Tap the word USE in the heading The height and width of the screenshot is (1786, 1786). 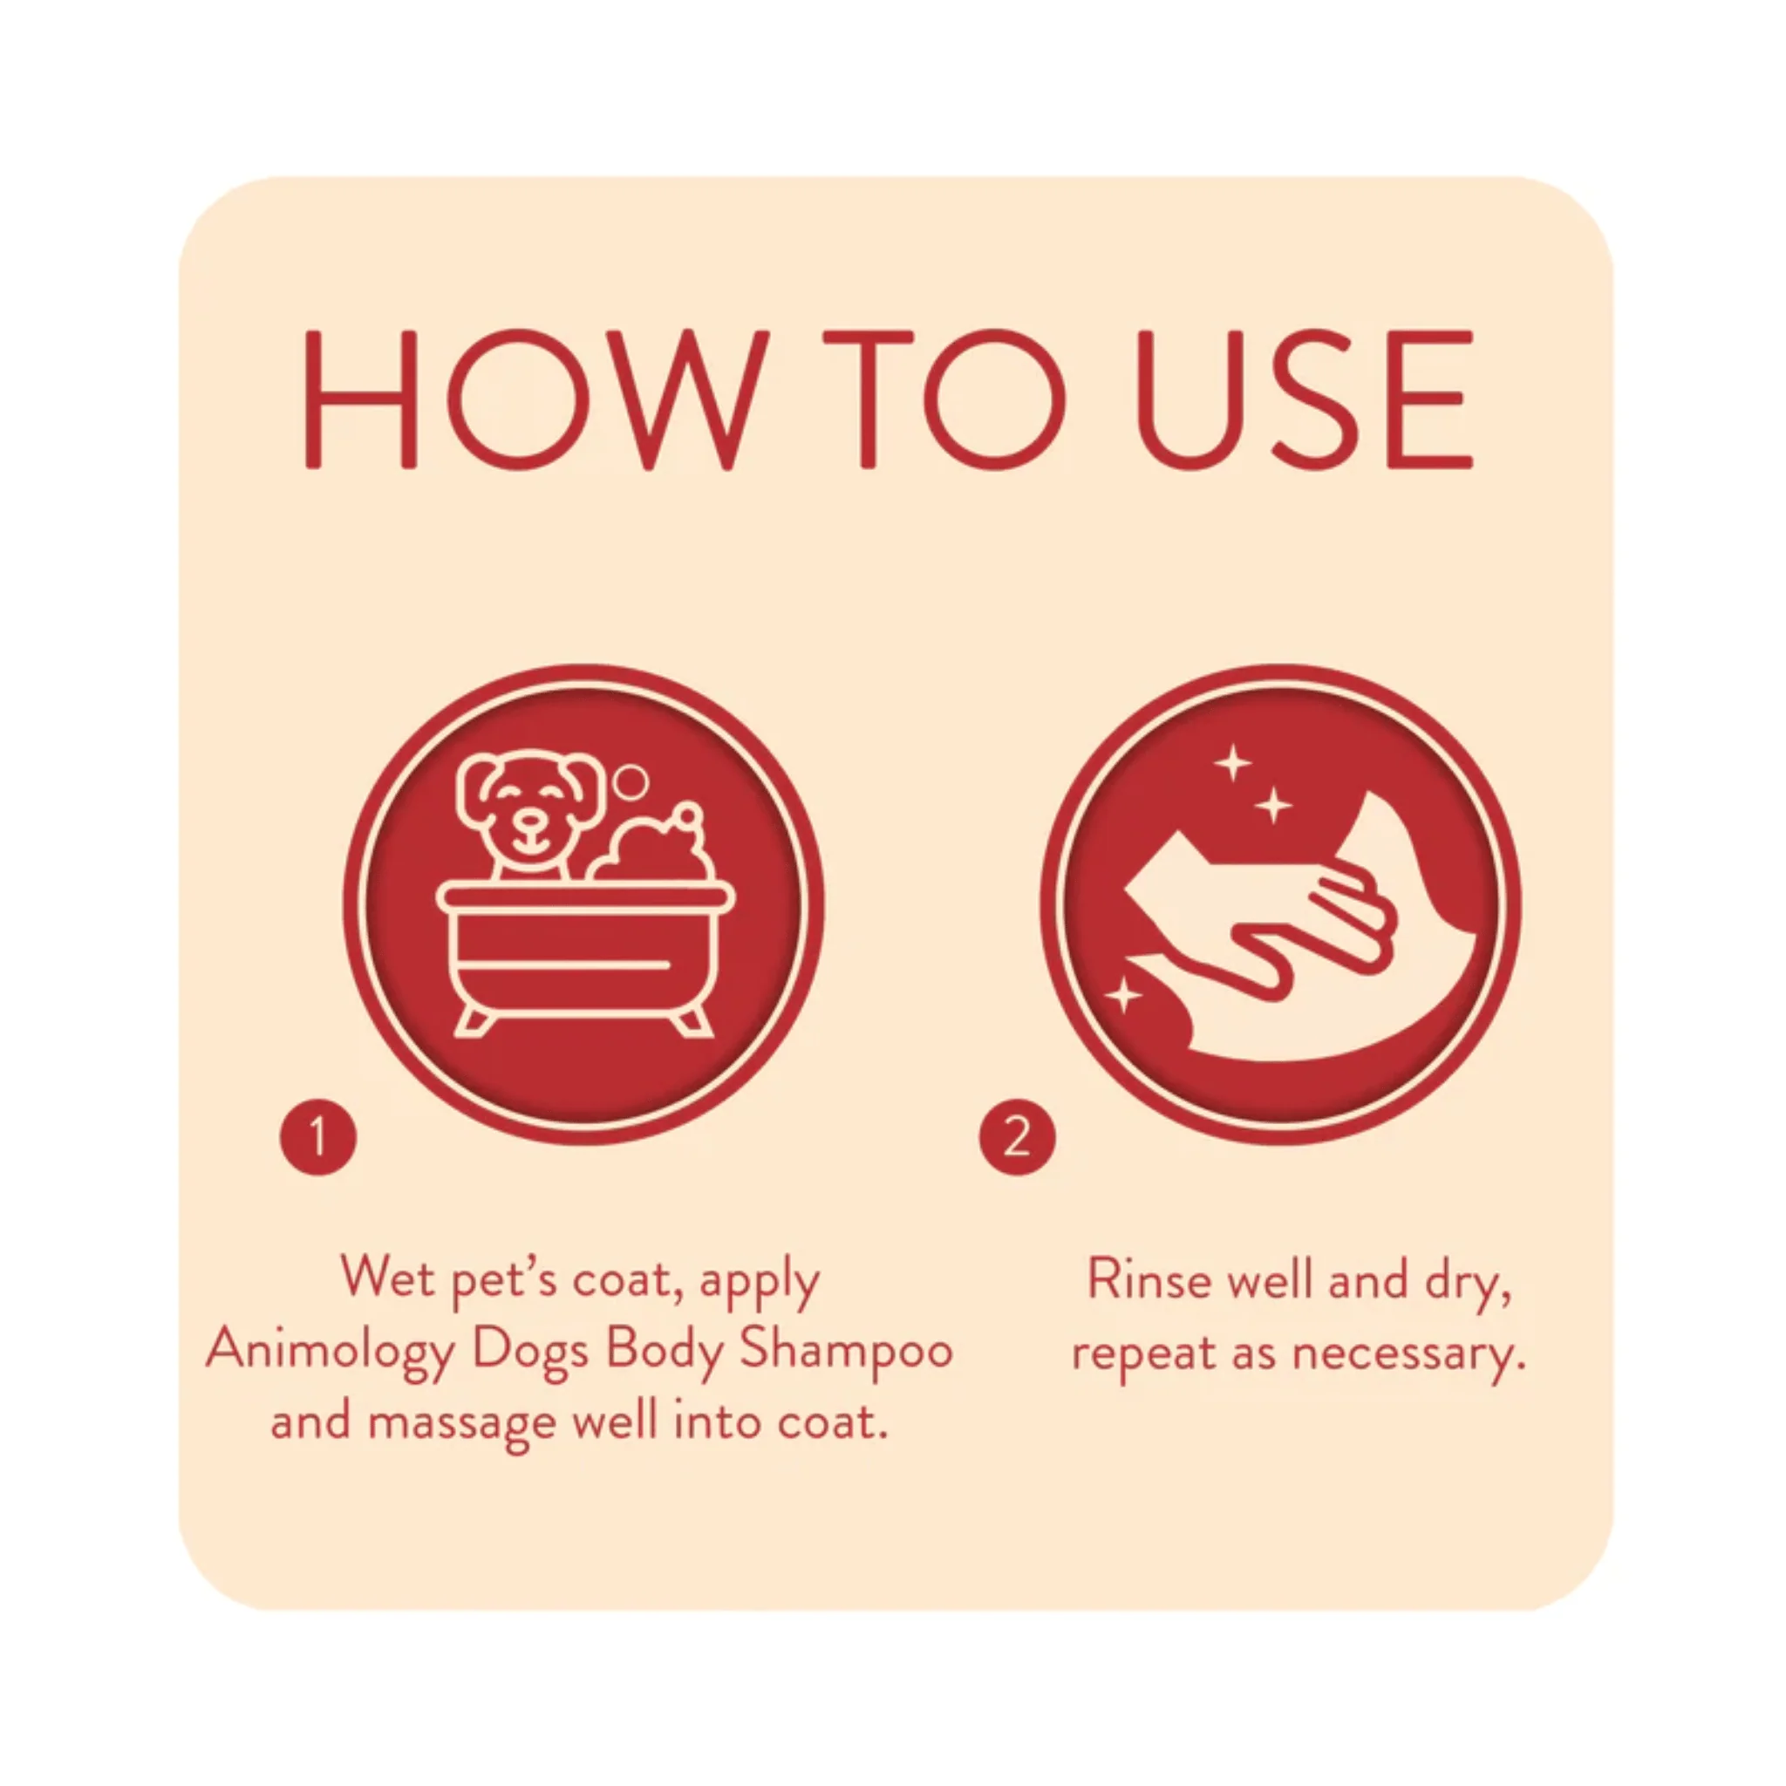(1303, 399)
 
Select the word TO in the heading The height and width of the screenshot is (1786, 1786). (944, 399)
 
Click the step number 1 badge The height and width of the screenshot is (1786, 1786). (318, 1136)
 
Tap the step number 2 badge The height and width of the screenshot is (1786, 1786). (1017, 1136)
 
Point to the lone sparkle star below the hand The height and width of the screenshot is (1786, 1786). (1123, 996)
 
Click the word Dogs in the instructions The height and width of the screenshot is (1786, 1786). (529, 1353)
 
